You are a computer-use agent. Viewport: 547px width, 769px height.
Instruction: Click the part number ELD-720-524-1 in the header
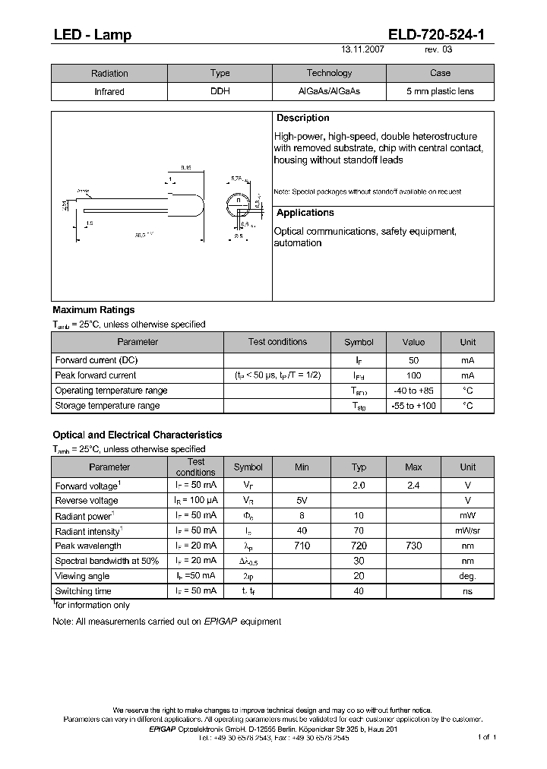click(x=441, y=34)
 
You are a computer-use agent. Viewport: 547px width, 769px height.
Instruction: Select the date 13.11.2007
click(x=362, y=49)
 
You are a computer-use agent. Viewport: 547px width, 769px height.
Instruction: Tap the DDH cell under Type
click(x=220, y=91)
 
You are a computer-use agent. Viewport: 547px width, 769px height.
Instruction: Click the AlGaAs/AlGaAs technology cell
click(x=329, y=91)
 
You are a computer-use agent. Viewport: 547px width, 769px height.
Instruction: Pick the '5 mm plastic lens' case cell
click(x=440, y=91)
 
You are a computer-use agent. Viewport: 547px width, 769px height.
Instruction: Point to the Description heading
click(x=302, y=119)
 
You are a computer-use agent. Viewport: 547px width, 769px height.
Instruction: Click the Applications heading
click(x=305, y=214)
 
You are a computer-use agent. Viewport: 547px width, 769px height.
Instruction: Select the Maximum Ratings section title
click(x=93, y=310)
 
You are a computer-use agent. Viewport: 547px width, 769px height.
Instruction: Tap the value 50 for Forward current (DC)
click(x=413, y=360)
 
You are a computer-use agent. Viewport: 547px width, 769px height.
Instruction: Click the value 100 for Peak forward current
click(x=413, y=375)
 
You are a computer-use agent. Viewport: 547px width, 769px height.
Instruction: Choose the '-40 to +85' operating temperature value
click(x=413, y=391)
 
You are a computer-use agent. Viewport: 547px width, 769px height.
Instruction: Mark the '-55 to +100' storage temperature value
click(x=413, y=406)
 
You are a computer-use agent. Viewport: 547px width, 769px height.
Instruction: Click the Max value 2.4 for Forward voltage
click(x=413, y=486)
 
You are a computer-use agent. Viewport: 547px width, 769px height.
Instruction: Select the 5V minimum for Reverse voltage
click(x=302, y=501)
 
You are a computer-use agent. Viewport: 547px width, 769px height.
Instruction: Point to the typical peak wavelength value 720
click(x=359, y=546)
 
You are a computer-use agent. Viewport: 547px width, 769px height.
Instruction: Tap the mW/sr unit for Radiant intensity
click(x=467, y=531)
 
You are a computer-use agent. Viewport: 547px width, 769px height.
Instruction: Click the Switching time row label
click(x=84, y=591)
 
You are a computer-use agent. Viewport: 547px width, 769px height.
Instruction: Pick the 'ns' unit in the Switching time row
click(x=467, y=591)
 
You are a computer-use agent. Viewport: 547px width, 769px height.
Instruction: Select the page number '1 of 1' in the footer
click(x=487, y=737)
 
